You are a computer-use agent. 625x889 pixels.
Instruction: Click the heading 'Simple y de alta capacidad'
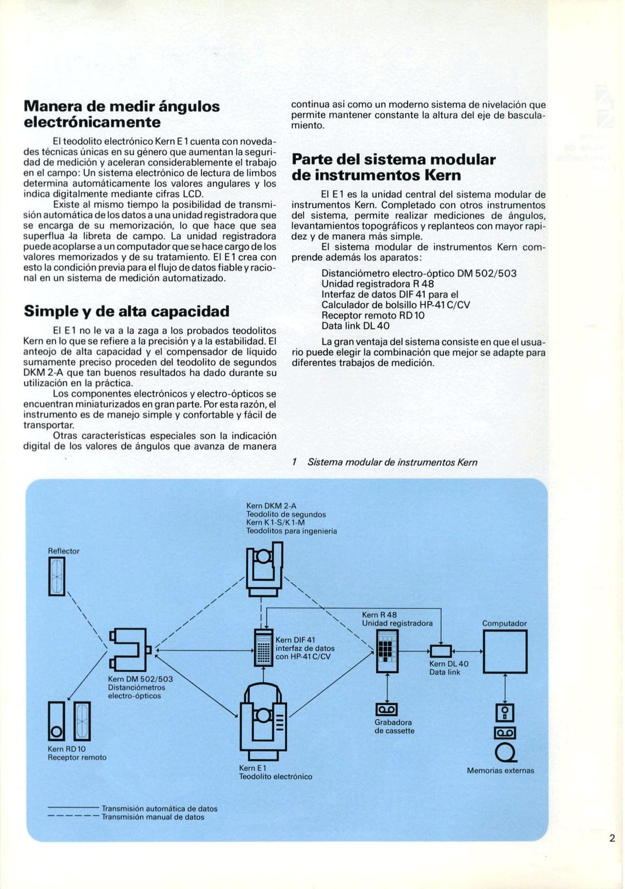point(127,311)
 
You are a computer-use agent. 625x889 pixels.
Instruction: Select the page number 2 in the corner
point(612,838)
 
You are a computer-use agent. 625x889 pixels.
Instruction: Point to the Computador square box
point(504,652)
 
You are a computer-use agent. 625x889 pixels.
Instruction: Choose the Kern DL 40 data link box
point(440,651)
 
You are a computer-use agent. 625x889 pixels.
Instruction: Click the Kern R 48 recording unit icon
point(387,651)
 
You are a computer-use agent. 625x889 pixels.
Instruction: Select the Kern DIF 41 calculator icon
point(263,648)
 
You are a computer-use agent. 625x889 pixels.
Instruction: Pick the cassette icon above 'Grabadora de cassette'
point(386,709)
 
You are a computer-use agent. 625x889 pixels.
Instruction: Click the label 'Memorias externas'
point(500,770)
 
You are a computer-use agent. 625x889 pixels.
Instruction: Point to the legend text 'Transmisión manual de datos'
point(153,817)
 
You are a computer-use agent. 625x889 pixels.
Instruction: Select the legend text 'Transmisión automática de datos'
point(160,809)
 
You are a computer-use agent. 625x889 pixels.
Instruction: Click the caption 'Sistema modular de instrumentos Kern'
point(392,462)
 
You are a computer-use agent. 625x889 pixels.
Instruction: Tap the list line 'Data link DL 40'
point(355,326)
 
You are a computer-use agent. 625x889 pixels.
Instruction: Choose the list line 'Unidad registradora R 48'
point(377,284)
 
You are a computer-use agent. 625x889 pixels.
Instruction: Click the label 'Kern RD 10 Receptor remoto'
point(77,753)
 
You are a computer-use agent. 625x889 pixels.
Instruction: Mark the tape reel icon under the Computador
point(504,752)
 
